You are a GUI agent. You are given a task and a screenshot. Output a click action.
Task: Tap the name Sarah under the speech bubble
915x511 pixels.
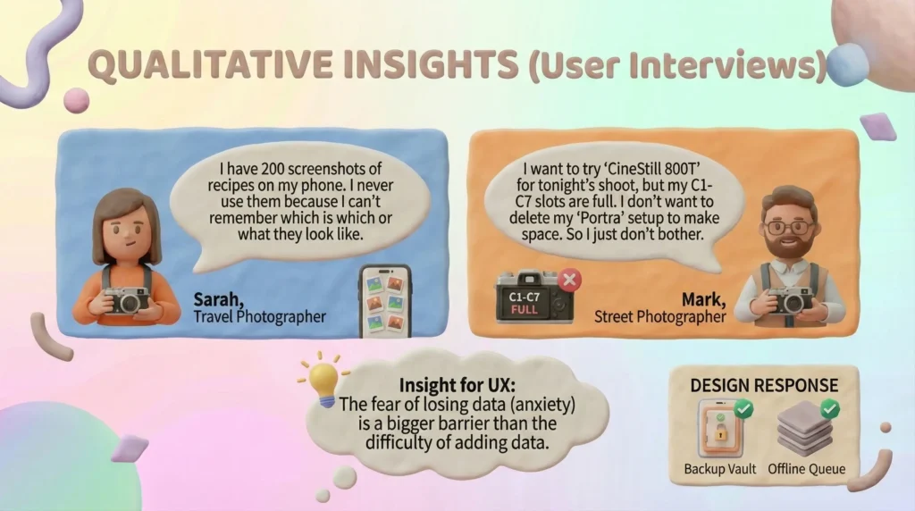(218, 300)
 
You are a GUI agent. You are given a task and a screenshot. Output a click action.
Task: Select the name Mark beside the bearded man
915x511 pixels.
(704, 300)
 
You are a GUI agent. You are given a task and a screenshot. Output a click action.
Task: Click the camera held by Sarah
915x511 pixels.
(127, 300)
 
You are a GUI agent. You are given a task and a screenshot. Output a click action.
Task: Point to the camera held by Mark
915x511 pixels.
(790, 300)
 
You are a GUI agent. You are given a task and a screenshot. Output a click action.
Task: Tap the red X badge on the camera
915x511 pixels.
(569, 280)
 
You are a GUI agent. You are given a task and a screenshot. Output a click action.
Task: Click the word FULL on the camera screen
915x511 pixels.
(524, 310)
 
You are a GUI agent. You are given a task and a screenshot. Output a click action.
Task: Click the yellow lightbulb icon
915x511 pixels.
(323, 380)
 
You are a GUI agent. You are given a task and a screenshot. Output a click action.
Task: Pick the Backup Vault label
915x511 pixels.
(719, 469)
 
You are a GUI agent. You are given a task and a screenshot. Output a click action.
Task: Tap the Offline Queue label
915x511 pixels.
(807, 469)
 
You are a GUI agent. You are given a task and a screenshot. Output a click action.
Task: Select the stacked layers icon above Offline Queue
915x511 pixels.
(805, 428)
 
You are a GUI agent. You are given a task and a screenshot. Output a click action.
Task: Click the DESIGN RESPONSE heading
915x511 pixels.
(764, 386)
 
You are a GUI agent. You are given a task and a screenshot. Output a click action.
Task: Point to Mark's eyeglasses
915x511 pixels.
(790, 228)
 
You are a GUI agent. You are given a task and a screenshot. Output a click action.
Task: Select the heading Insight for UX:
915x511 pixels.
(457, 386)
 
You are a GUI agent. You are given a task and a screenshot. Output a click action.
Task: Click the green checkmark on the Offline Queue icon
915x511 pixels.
(829, 408)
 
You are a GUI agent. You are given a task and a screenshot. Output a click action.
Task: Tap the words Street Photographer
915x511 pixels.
(660, 317)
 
